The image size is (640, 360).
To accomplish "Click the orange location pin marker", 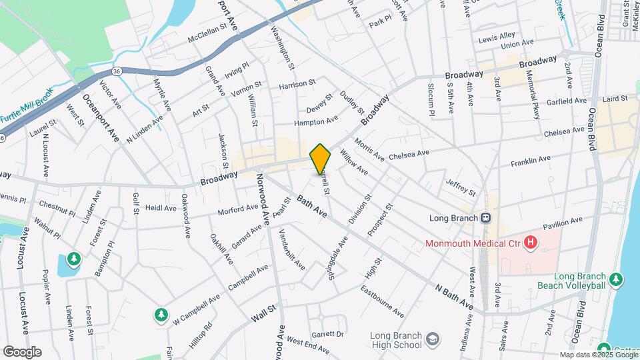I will pyautogui.click(x=321, y=158).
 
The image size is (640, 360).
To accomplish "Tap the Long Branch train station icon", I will pyautogui.click(x=487, y=218).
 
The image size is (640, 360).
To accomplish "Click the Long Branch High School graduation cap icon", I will pyautogui.click(x=432, y=339).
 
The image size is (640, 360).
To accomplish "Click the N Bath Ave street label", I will pyautogui.click(x=454, y=297).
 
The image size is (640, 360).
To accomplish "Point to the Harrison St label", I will pyautogui.click(x=297, y=85).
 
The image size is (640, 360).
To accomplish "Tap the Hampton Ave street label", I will pyautogui.click(x=317, y=121).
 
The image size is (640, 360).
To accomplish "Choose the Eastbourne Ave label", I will pyautogui.click(x=382, y=301).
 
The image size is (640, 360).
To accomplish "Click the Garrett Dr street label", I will pyautogui.click(x=327, y=334).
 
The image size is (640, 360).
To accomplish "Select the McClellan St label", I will pyautogui.click(x=194, y=38).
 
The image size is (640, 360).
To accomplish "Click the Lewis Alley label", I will pyautogui.click(x=497, y=35).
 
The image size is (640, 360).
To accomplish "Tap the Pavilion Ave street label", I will pyautogui.click(x=563, y=221).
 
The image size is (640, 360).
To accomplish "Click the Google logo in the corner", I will pyautogui.click(x=22, y=351).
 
